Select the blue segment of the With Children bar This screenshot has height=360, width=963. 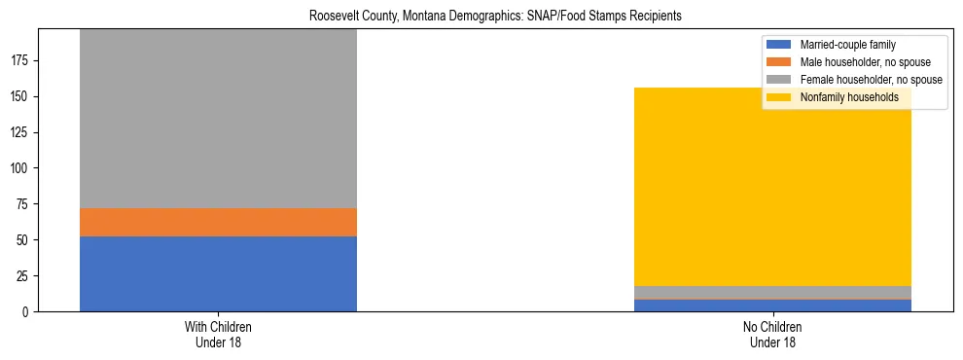218,273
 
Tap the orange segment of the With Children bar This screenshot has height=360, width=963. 218,222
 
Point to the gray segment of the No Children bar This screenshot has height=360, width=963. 772,292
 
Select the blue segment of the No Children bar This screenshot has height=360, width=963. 772,306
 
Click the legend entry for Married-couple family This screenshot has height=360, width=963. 847,45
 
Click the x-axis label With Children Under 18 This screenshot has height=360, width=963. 218,334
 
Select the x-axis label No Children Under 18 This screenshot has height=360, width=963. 772,334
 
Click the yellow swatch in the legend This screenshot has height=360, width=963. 779,97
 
